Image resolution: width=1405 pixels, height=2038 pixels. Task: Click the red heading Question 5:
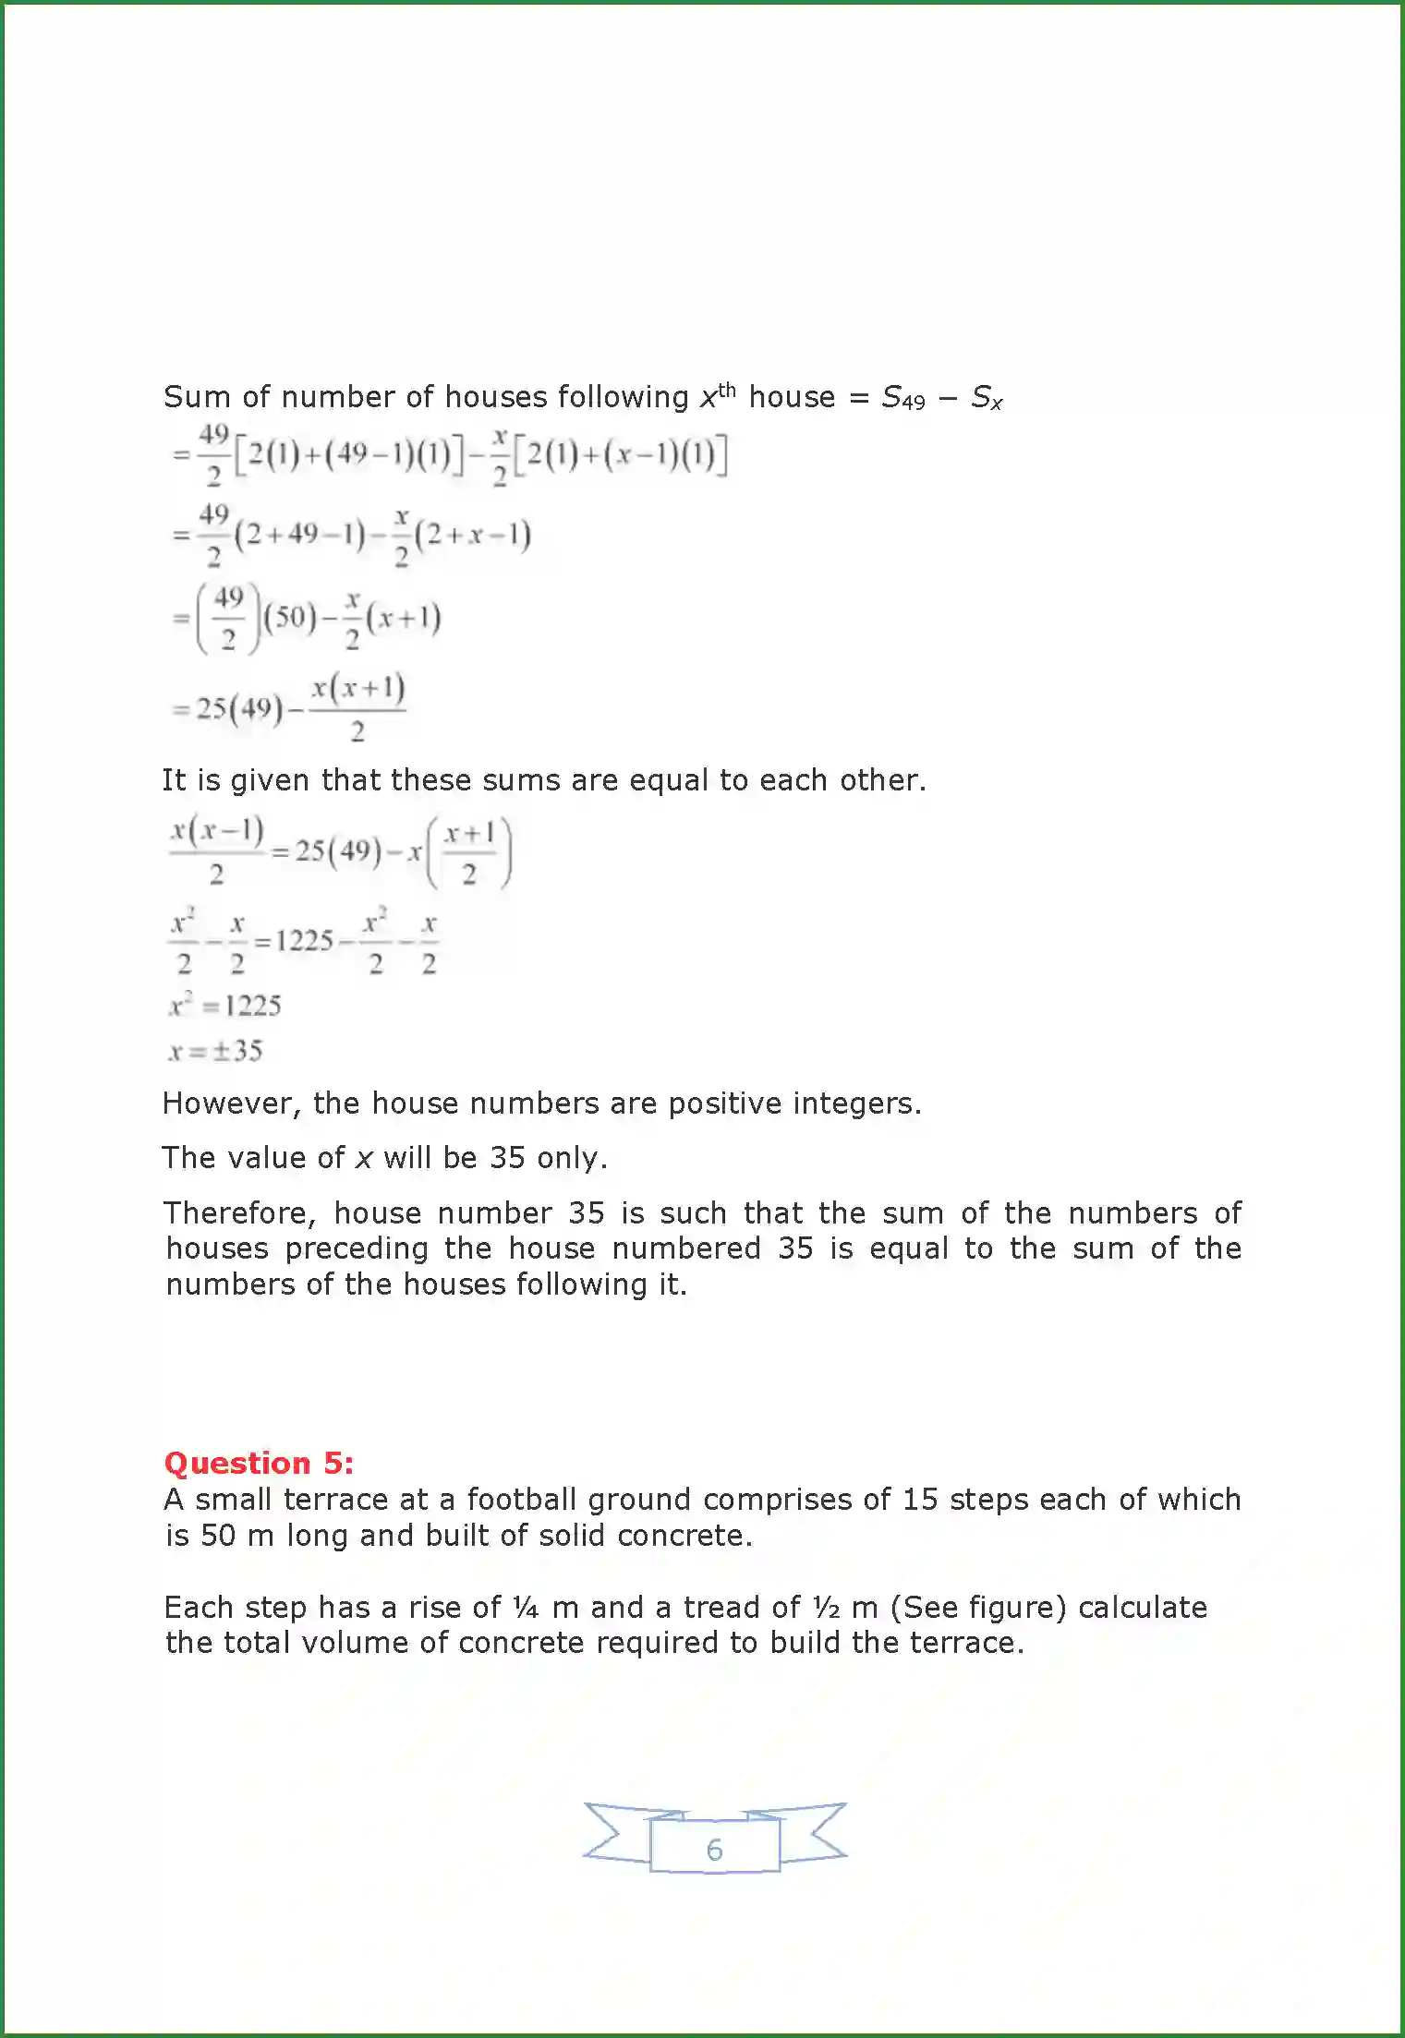[259, 1463]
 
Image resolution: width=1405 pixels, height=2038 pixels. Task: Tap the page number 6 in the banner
[714, 1850]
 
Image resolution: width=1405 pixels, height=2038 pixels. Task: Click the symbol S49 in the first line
[902, 398]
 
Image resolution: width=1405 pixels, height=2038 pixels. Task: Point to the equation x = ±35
[215, 1051]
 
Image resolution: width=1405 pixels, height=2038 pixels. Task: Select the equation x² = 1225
[224, 1005]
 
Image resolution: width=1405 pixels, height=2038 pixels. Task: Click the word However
[231, 1103]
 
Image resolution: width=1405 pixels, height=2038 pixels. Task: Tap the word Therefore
[240, 1212]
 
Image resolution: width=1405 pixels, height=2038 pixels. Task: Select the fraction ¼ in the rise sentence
[526, 1608]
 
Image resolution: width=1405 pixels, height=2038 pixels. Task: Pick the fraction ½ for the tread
[827, 1608]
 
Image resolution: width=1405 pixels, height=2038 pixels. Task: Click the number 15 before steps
[920, 1499]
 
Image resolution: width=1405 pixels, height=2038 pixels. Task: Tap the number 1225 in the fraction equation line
[304, 941]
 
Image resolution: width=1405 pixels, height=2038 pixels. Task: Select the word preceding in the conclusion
[357, 1248]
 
